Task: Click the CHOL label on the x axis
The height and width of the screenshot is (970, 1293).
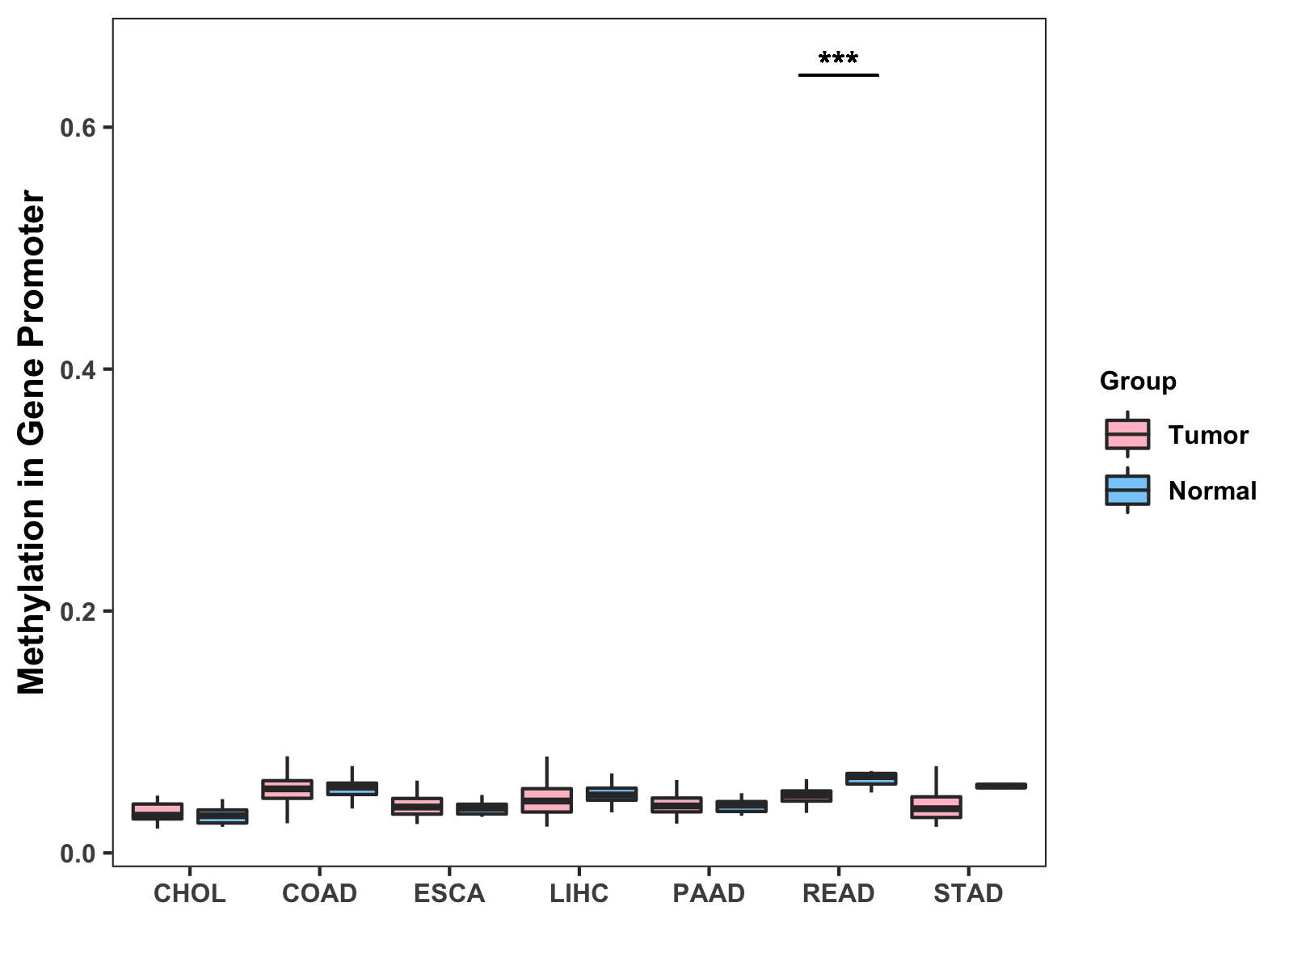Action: point(189,893)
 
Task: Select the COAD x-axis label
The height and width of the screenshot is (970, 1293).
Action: point(319,893)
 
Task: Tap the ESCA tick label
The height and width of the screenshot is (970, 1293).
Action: point(449,893)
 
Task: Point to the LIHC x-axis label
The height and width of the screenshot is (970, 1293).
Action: point(579,893)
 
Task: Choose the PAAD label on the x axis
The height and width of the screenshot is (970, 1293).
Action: point(709,893)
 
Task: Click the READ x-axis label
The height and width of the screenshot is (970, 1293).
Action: point(838,893)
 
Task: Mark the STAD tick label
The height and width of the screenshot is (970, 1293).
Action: point(968,893)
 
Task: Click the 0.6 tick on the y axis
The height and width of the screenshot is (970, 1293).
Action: point(78,128)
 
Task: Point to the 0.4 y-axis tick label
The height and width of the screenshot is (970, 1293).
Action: point(78,369)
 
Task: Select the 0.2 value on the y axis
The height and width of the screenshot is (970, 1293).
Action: point(78,611)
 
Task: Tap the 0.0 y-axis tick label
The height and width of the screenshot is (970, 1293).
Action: point(78,854)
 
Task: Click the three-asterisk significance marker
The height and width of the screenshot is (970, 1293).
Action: point(838,59)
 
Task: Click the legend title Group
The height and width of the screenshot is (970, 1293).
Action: point(1138,381)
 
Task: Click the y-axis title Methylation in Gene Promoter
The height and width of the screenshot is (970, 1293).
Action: point(32,442)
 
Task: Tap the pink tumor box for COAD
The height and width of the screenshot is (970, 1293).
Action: point(287,789)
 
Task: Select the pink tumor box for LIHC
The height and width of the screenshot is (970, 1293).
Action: point(546,799)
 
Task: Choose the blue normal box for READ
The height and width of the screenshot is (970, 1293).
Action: point(871,778)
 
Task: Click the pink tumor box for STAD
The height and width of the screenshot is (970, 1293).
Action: point(936,807)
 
